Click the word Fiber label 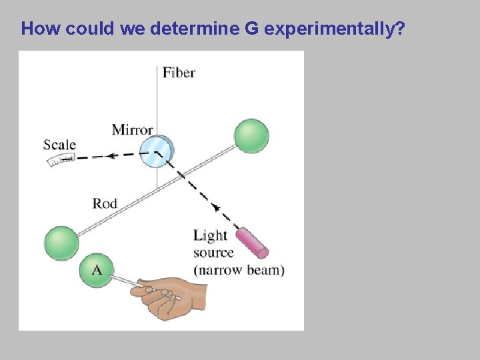179,72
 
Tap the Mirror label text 132,129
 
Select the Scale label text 59,145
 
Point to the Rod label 105,203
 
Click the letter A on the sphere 96,269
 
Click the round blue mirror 157,151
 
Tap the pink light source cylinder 252,243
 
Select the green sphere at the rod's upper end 251,136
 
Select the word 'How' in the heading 38,29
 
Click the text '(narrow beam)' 239,270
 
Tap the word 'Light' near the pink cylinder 210,235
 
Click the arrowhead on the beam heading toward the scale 112,155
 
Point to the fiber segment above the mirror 157,100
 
